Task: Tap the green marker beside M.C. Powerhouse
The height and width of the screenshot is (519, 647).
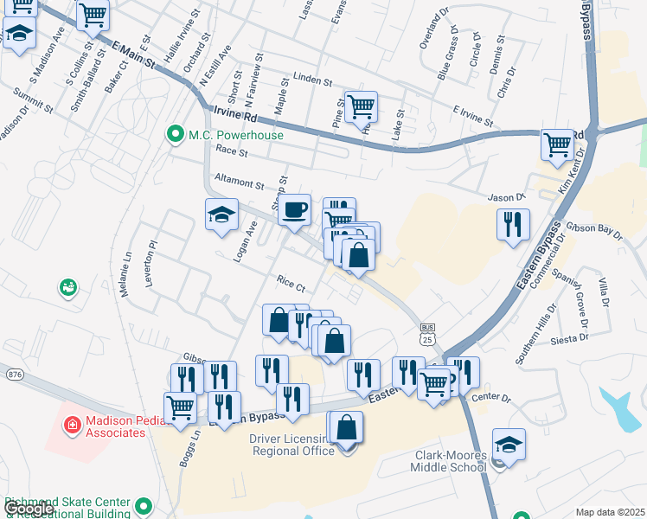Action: [176, 135]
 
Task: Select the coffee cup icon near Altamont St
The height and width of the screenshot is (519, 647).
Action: [295, 209]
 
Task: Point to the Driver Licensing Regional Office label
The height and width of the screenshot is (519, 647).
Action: [291, 445]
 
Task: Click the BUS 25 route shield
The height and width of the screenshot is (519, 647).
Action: [426, 334]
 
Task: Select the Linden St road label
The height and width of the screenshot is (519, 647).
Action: [313, 80]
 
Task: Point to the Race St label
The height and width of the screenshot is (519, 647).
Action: [231, 151]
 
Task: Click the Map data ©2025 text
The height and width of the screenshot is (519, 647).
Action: [610, 512]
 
